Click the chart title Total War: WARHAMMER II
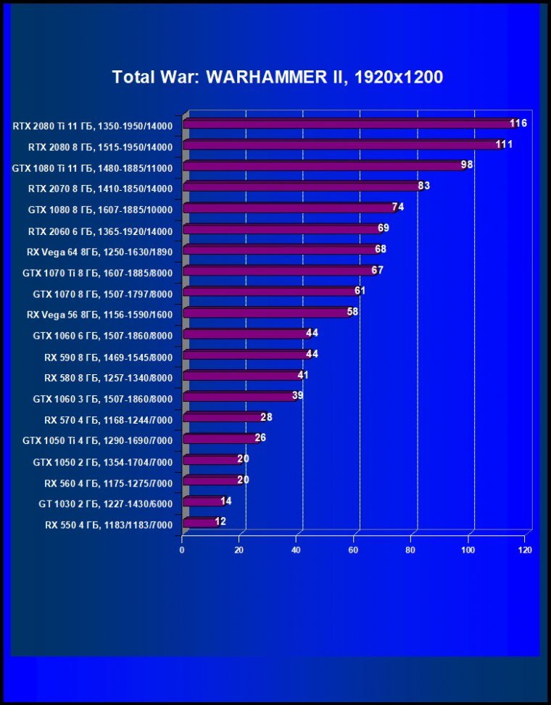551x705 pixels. [x=277, y=77]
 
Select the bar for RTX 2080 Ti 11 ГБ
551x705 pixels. [x=348, y=124]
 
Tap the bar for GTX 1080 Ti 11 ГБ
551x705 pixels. [x=323, y=166]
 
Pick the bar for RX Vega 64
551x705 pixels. [x=280, y=250]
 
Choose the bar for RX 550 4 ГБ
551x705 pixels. [x=199, y=522]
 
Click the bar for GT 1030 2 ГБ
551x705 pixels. [x=202, y=501]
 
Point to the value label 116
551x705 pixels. [x=518, y=123]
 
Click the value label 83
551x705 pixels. [x=424, y=186]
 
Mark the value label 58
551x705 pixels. [x=352, y=312]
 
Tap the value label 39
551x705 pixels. [x=297, y=395]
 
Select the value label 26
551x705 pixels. [x=260, y=438]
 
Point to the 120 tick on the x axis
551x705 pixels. [x=526, y=551]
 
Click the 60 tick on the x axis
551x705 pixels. [x=354, y=551]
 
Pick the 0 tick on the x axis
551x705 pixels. [x=182, y=551]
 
